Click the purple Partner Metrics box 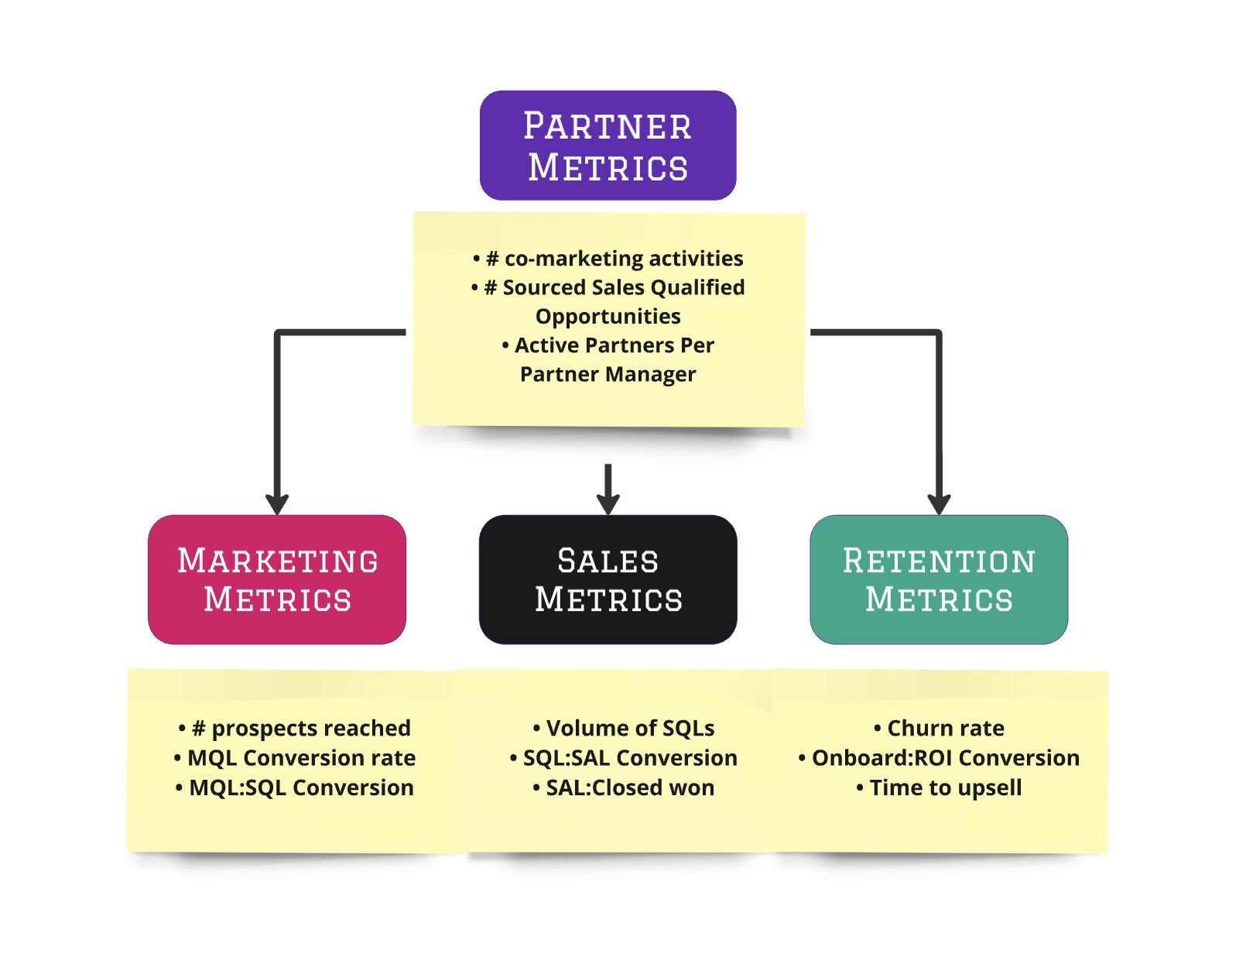[608, 146]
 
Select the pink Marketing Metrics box [277, 579]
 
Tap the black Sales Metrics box [608, 579]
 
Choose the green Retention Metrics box [939, 579]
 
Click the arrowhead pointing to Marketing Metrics [277, 504]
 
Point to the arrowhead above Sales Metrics [608, 503]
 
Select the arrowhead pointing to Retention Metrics [939, 504]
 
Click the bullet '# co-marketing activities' [608, 258]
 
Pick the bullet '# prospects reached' [295, 728]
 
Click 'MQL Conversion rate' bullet [295, 757]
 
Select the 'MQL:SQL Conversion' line [295, 788]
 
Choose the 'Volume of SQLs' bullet [624, 728]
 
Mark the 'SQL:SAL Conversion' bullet [624, 757]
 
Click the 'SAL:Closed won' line [624, 788]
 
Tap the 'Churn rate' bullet [940, 728]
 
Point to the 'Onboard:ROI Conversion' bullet [940, 757]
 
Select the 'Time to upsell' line [940, 788]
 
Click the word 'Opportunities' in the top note [608, 316]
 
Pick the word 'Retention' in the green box [939, 561]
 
